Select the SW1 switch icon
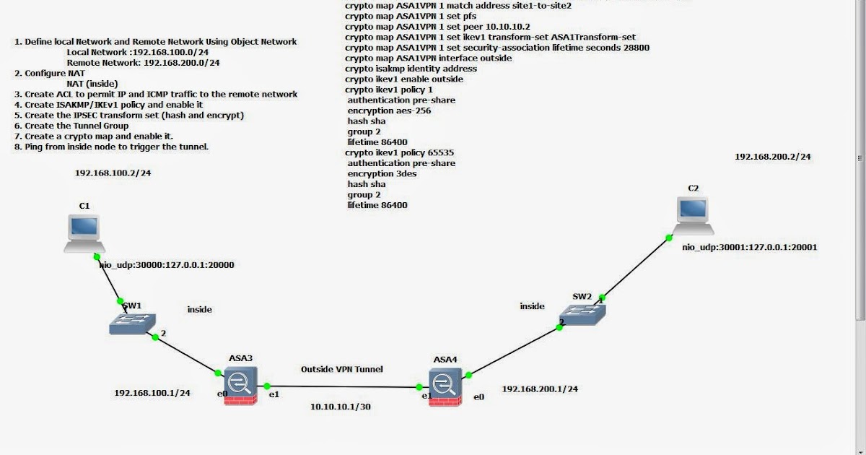pos(132,324)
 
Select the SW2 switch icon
pos(585,313)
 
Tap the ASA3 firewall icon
pos(240,385)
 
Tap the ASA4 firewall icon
pos(445,386)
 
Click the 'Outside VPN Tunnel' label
pos(341,369)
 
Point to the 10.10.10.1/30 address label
pos(341,407)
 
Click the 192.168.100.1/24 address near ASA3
pos(152,393)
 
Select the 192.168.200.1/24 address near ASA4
pos(540,389)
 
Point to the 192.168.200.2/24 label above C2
pos(773,156)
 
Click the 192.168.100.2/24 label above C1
pos(113,173)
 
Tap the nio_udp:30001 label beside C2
pos(750,247)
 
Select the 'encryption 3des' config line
pos(382,174)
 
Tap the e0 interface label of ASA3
pos(222,394)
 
